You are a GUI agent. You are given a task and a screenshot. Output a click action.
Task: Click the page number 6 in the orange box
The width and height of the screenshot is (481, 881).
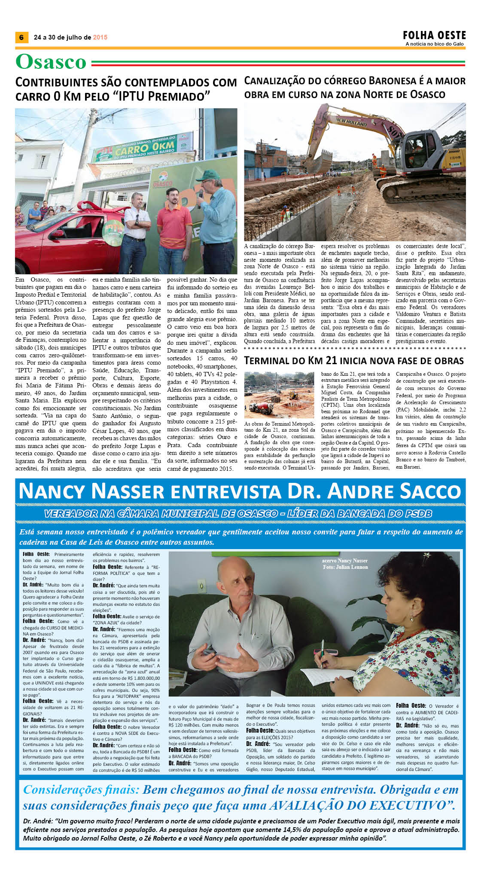21,37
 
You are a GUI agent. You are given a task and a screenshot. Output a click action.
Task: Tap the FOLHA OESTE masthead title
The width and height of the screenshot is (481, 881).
434,35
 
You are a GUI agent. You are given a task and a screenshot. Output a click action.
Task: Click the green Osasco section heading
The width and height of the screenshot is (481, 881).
51,61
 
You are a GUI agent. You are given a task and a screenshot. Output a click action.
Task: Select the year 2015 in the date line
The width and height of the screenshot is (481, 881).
100,37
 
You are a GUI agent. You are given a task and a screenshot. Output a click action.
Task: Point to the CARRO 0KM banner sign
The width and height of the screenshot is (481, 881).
144,149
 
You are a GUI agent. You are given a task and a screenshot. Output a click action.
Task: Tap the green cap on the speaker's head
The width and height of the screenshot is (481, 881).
208,175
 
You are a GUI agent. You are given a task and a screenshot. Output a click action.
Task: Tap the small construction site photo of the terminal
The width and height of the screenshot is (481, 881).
279,395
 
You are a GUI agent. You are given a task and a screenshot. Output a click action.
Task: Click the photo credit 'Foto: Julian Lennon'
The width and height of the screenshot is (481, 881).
345,567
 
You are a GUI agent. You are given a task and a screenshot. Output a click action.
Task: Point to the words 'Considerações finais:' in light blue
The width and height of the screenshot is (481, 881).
81,790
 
